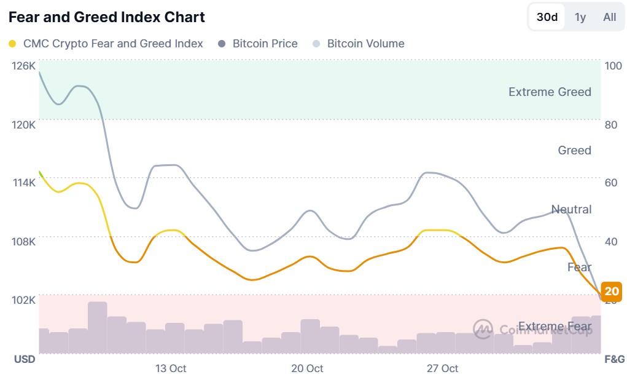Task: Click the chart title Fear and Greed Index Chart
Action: (x=107, y=17)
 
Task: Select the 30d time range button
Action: (x=547, y=17)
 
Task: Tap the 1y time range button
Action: (x=580, y=17)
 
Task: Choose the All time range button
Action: (x=609, y=17)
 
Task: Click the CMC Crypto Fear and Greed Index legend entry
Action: (x=106, y=44)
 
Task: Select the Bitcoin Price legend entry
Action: (x=259, y=44)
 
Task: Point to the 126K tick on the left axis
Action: (x=24, y=66)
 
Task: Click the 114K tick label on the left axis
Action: (x=24, y=183)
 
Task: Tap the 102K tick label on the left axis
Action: (x=24, y=300)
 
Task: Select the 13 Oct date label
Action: (x=171, y=368)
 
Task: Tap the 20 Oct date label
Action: (x=307, y=368)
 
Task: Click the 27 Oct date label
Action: (x=443, y=368)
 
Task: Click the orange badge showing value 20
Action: (x=612, y=292)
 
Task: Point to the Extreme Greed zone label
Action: (x=550, y=92)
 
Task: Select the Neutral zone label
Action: (x=571, y=210)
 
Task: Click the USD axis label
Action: (x=25, y=359)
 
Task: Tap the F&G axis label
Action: (x=614, y=359)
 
